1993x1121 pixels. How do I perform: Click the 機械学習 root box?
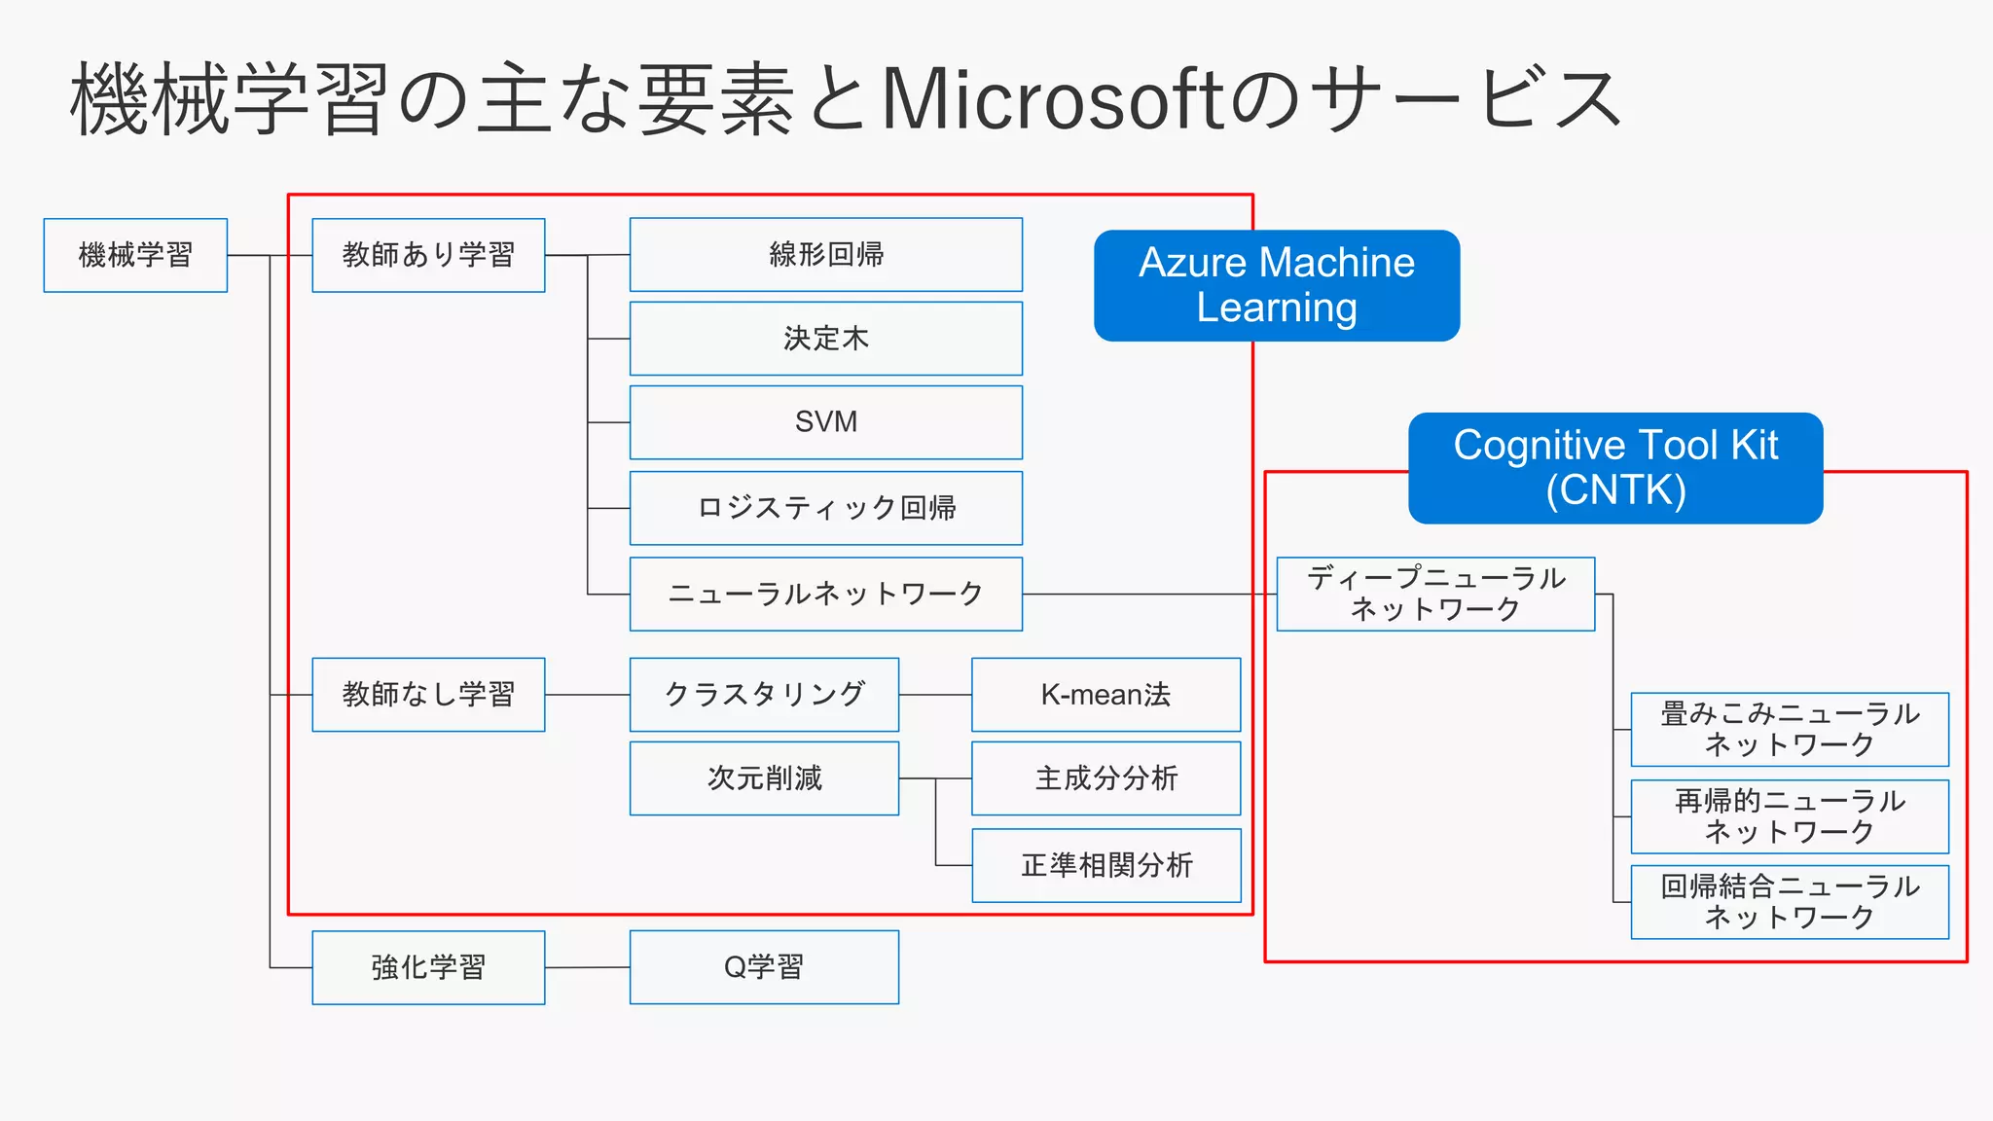point(135,255)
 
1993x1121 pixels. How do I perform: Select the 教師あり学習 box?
point(428,255)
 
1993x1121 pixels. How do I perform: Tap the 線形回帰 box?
point(825,255)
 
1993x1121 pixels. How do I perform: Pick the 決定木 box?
point(825,339)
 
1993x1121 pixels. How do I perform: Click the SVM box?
point(825,422)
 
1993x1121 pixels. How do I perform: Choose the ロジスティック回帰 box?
point(825,508)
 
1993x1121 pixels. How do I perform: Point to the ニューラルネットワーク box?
point(825,594)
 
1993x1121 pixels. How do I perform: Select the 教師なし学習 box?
point(428,695)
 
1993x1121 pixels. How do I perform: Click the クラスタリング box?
point(764,695)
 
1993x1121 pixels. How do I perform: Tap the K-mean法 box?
point(1105,695)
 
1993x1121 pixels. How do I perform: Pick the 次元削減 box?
point(764,778)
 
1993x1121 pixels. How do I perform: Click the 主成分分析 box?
point(1105,778)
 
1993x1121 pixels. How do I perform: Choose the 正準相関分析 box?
point(1105,865)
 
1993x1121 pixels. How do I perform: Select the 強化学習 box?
point(428,967)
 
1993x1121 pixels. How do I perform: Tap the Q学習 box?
point(764,967)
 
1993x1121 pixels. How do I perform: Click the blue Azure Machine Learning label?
point(1276,285)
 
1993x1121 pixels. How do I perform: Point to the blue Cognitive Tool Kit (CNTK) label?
point(1614,468)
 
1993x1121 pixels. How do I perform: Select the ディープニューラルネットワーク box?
point(1435,594)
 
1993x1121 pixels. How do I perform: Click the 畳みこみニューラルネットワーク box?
point(1789,729)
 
